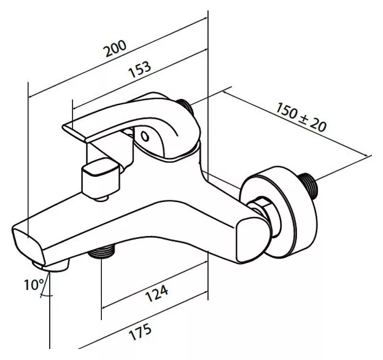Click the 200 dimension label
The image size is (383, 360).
pyautogui.click(x=115, y=48)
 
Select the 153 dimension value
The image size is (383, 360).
pyautogui.click(x=140, y=69)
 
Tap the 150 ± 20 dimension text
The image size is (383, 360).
pyautogui.click(x=301, y=117)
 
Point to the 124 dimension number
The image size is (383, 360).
pyautogui.click(x=157, y=292)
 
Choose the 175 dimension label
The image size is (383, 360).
pyautogui.click(x=140, y=331)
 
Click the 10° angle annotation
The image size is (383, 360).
pyautogui.click(x=34, y=284)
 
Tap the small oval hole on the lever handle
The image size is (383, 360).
pyautogui.click(x=145, y=136)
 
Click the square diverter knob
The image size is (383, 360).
pyautogui.click(x=101, y=176)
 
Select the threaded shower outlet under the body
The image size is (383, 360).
pyautogui.click(x=102, y=251)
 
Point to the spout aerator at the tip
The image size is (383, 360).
pyautogui.click(x=51, y=265)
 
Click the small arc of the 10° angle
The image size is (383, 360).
pyautogui.click(x=47, y=295)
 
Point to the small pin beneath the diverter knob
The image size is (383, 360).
pyautogui.click(x=102, y=197)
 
